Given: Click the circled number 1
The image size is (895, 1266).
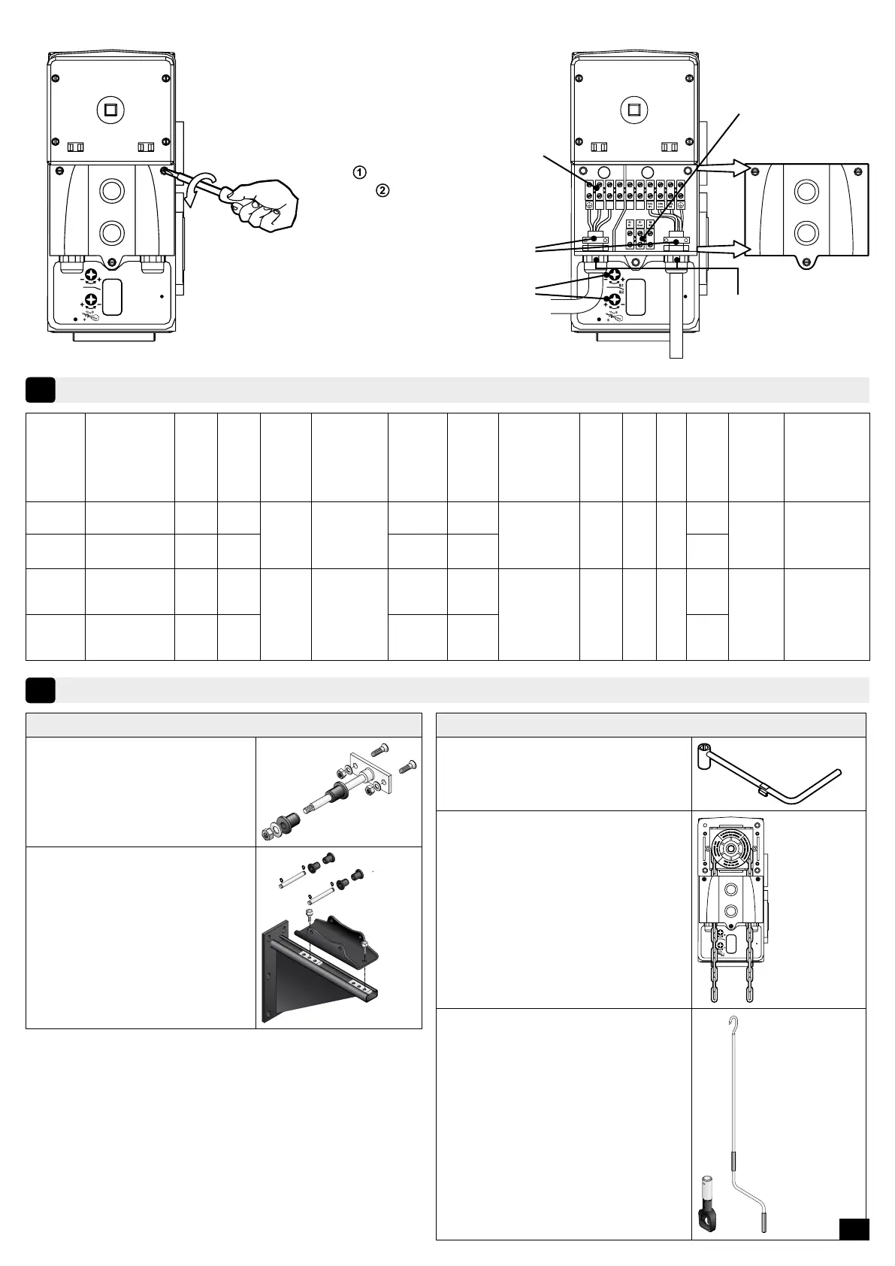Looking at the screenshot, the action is click(x=359, y=172).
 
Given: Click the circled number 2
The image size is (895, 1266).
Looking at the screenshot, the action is click(x=382, y=190).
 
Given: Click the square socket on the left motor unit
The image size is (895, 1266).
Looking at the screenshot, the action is click(x=111, y=111).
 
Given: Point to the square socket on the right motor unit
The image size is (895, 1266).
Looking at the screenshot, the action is click(x=633, y=111).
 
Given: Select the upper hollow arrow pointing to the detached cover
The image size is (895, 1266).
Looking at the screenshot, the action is click(x=722, y=170).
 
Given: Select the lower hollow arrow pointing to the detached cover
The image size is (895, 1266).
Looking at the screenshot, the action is click(x=722, y=249).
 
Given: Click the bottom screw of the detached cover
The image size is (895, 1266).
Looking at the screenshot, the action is click(x=806, y=262).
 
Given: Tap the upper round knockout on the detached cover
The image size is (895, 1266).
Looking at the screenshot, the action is click(x=806, y=191).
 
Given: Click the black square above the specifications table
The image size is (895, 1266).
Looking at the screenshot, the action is click(x=40, y=390).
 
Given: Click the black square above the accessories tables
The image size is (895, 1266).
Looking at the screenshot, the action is click(x=40, y=690).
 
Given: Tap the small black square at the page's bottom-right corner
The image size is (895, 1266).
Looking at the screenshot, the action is click(x=854, y=1228).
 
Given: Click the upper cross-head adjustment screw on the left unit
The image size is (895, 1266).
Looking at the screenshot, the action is click(x=92, y=276).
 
